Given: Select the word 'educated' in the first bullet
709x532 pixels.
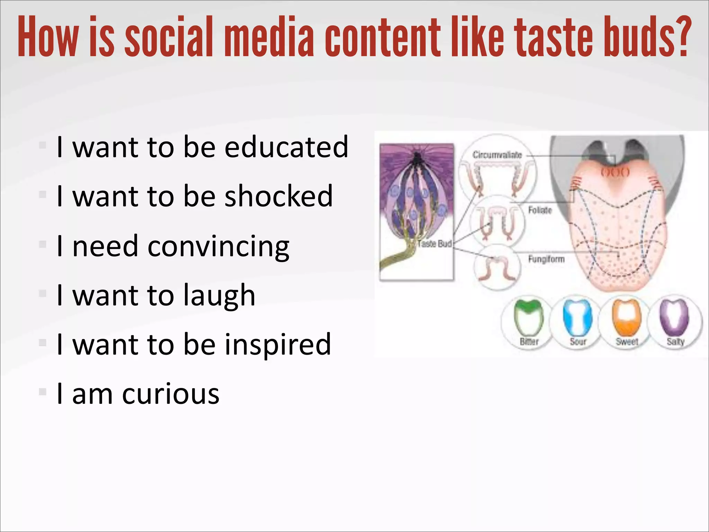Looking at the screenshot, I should coord(286,147).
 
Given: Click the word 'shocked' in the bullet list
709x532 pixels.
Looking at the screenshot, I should coord(278,196).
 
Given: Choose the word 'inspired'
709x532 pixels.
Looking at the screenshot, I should coord(278,344).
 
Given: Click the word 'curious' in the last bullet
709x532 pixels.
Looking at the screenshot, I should coord(170,394).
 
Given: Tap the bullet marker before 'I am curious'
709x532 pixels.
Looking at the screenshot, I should coord(43,392).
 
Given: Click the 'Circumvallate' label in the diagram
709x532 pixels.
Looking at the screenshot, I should coord(497,155).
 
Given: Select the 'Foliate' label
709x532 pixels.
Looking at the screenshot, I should coord(540,210).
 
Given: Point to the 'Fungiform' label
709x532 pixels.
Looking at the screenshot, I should coord(546,259).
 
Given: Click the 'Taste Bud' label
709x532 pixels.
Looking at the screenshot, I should coord(434,244).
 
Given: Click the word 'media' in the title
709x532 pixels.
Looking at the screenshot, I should coord(269,37).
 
